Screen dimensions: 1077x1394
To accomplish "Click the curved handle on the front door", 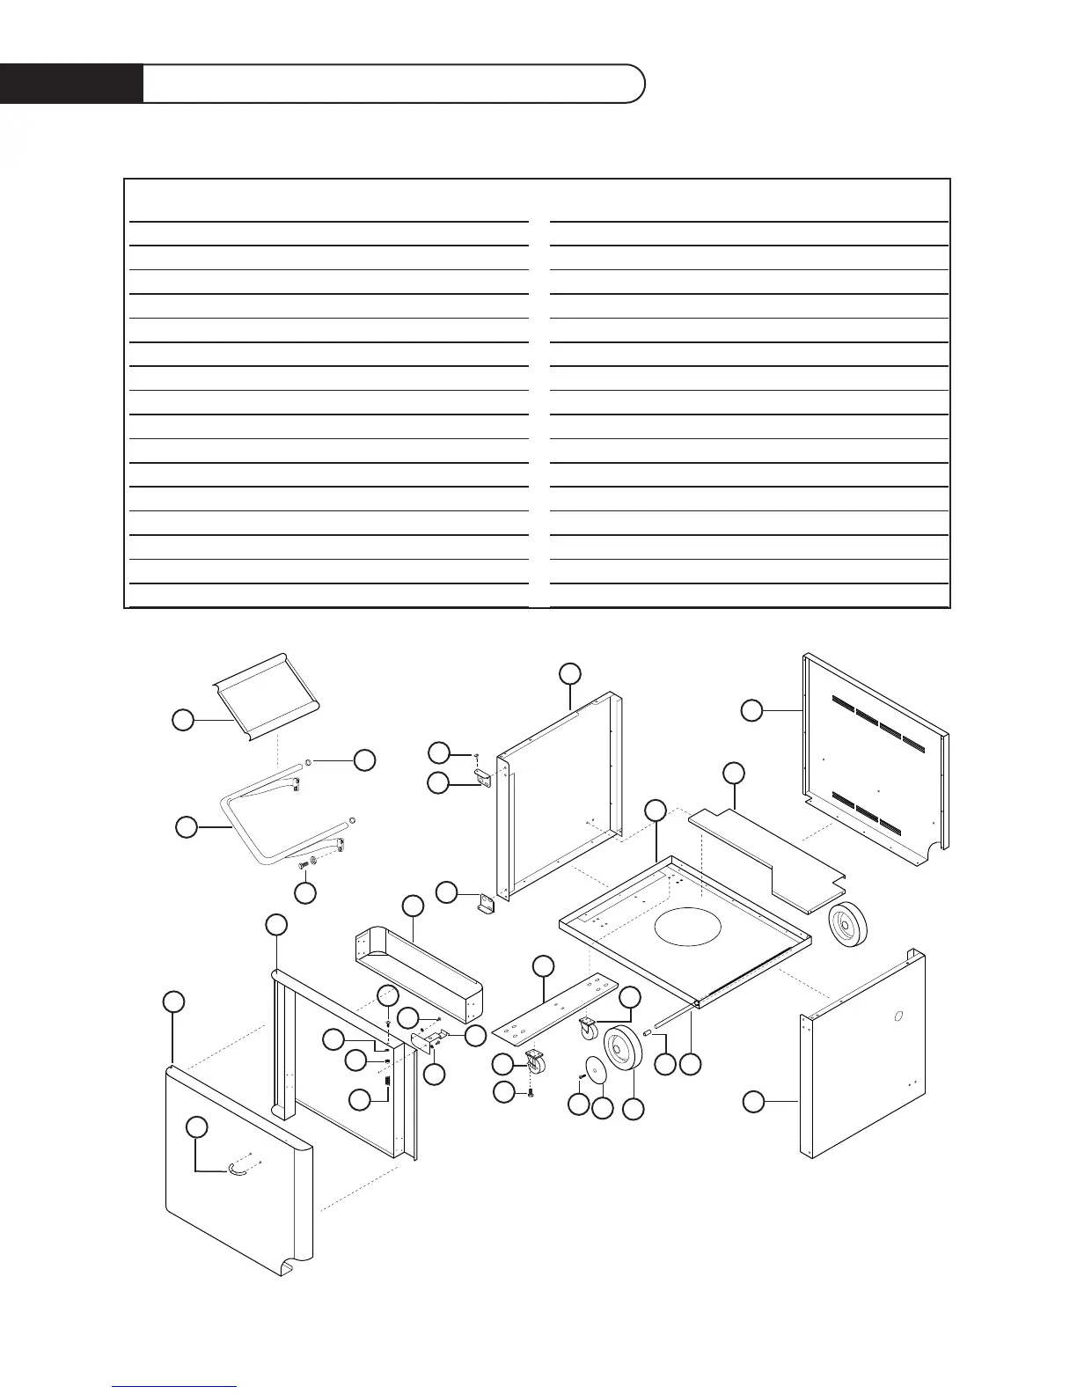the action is pos(237,1168).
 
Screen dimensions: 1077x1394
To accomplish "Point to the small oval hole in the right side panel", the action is pos(897,1016).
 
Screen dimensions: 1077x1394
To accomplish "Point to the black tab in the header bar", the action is pos(71,84).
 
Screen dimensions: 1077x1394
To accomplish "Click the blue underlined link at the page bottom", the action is pos(174,1386).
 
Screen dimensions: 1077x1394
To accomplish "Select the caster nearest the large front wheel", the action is pos(588,1025).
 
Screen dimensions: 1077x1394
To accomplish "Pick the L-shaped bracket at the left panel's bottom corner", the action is pos(486,904).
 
